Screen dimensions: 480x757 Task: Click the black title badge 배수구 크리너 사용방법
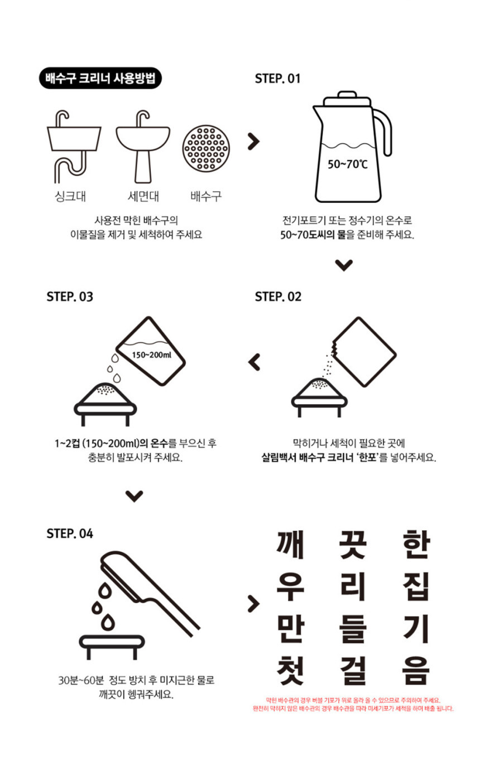tap(100, 78)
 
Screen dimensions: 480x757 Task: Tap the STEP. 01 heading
tap(277, 79)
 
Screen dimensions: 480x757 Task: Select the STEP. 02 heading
tap(278, 297)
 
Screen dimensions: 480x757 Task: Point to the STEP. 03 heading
tap(70, 297)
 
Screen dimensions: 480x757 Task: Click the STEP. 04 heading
tap(70, 533)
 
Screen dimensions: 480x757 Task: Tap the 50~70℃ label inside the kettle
tap(347, 164)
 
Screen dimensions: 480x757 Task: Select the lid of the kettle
tap(347, 98)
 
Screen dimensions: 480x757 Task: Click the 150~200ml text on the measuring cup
tap(151, 355)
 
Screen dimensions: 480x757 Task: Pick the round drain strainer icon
tap(206, 148)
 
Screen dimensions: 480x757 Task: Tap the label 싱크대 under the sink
tap(70, 196)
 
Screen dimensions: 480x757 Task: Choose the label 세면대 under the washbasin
tap(143, 196)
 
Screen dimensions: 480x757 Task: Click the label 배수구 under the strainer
tap(206, 196)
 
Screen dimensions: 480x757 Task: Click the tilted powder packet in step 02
tap(364, 351)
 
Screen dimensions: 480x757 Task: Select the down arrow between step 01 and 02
tap(344, 265)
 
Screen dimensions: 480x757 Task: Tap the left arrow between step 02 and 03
tap(254, 362)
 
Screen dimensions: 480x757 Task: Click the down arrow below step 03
tap(135, 496)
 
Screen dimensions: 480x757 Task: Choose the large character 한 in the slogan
tap(416, 544)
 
